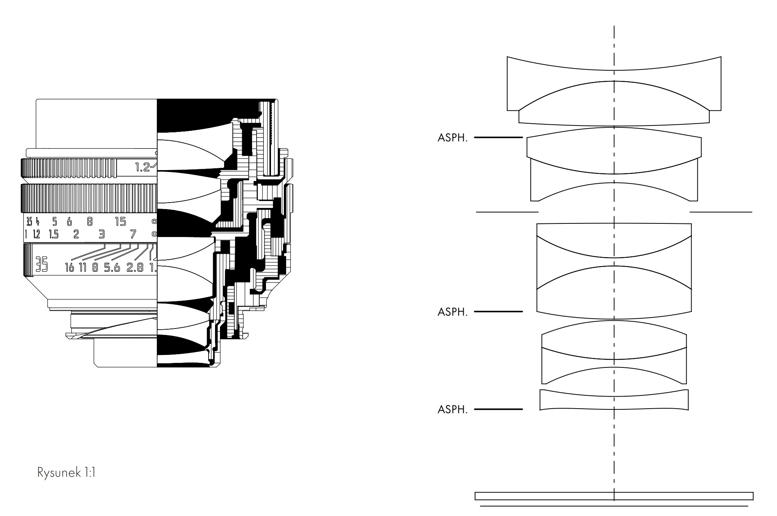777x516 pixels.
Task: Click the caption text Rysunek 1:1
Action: pyautogui.click(x=66, y=473)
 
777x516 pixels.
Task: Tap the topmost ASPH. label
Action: pyautogui.click(x=452, y=138)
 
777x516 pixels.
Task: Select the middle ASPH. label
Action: pyautogui.click(x=452, y=312)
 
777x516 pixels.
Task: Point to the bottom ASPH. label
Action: pyautogui.click(x=452, y=409)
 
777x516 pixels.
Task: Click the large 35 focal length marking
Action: pyautogui.click(x=42, y=264)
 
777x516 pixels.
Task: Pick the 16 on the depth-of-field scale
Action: pyautogui.click(x=70, y=268)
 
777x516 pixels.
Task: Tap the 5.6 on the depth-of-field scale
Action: pyautogui.click(x=112, y=268)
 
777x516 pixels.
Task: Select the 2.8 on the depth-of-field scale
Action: pyautogui.click(x=135, y=268)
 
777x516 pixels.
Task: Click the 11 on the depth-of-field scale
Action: pyautogui.click(x=83, y=268)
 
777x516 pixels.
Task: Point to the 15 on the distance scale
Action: pyautogui.click(x=121, y=222)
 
